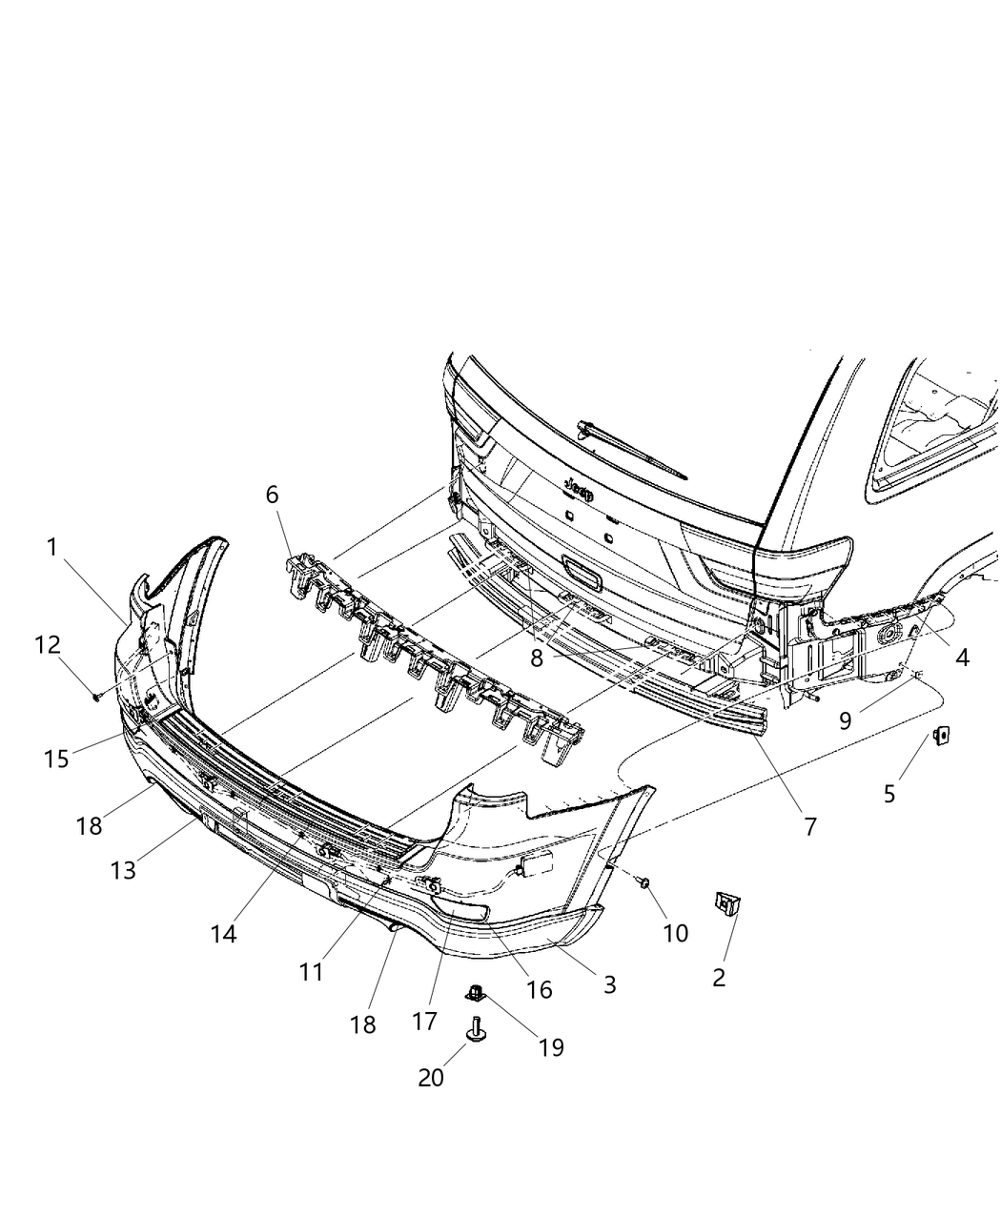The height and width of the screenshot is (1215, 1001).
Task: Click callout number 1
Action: (52, 547)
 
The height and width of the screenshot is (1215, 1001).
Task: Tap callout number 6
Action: (273, 495)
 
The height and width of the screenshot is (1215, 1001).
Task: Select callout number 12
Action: (48, 645)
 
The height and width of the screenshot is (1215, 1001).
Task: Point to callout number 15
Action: (56, 759)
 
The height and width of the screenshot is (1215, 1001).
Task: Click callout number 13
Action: (123, 870)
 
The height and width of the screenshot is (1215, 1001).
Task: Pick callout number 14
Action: (223, 934)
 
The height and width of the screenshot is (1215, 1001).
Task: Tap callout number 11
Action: (311, 972)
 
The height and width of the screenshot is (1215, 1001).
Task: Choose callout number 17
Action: (424, 1021)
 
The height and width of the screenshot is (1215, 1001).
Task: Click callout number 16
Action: (539, 989)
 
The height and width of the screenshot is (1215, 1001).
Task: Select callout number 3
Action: (609, 984)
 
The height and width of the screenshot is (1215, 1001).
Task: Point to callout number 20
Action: (431, 1078)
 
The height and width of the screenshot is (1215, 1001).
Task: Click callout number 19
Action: (551, 1047)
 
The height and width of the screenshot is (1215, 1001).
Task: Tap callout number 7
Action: (810, 826)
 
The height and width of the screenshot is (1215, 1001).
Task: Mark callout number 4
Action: (963, 657)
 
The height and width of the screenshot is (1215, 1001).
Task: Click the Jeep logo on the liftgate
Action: (579, 491)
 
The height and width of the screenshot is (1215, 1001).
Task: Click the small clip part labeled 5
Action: (942, 736)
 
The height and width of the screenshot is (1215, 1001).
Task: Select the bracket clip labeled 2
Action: (728, 902)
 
